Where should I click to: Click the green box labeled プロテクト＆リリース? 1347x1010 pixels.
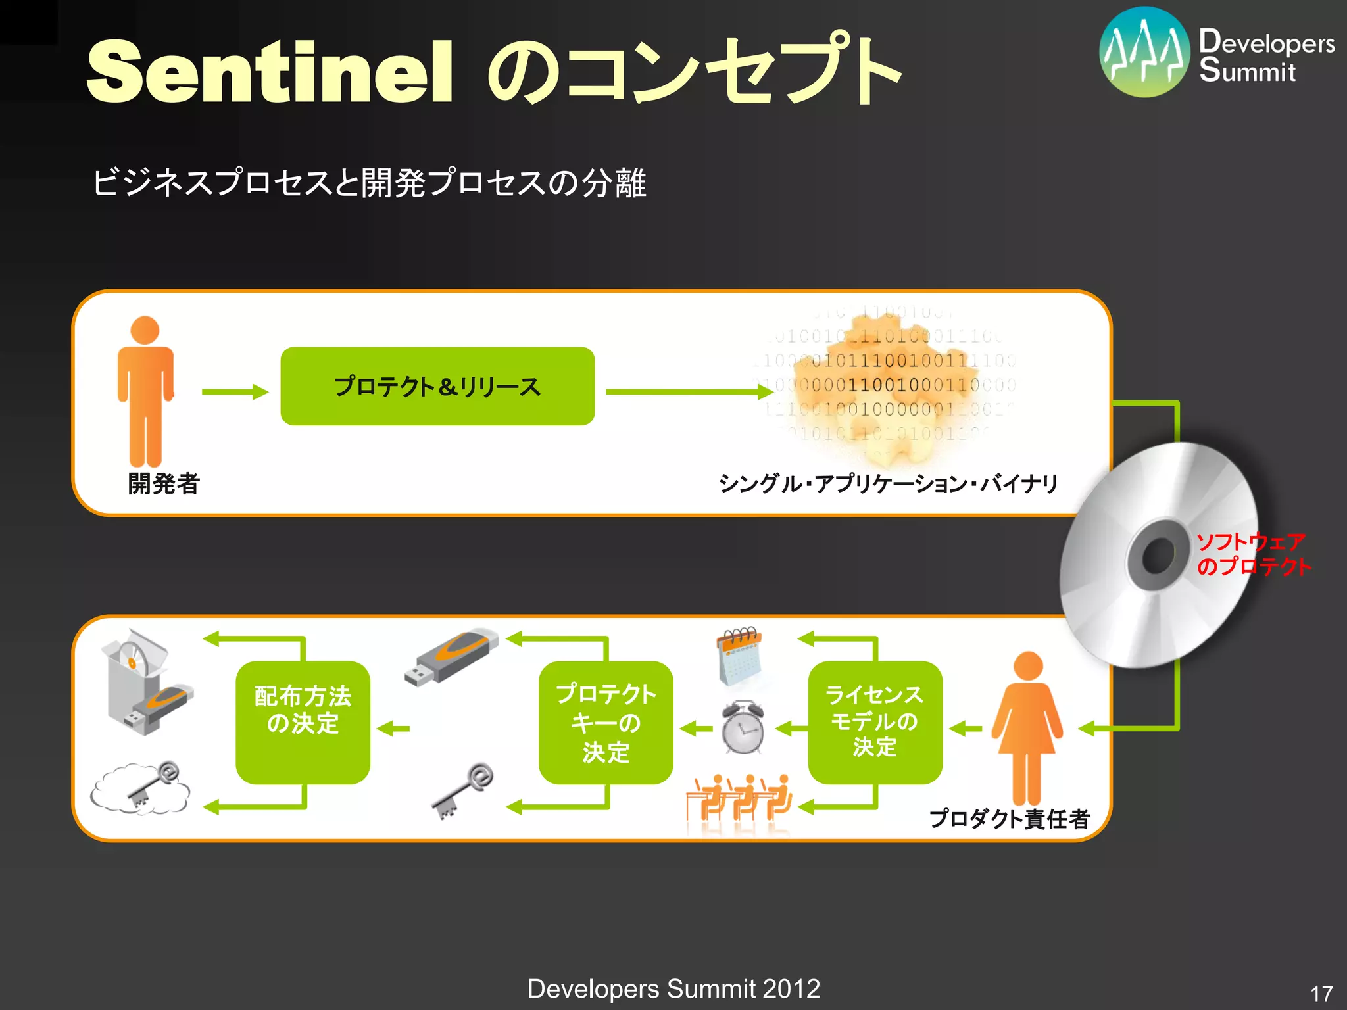pos(437,386)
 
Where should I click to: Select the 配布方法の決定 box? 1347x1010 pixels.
pos(303,722)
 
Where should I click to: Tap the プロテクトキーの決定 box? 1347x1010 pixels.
pos(606,722)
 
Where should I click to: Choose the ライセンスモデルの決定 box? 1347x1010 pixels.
pos(875,721)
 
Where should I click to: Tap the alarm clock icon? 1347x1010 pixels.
pos(743,727)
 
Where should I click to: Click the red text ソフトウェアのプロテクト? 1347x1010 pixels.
pos(1252,554)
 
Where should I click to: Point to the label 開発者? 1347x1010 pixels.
pos(164,484)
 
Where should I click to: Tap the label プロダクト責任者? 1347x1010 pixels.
pos(1010,819)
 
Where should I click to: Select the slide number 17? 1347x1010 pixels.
pos(1321,994)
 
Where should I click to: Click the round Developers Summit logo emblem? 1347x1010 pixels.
pos(1144,52)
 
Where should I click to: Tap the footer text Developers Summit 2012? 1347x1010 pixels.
pos(673,988)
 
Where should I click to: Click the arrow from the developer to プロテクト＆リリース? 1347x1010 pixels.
pos(235,392)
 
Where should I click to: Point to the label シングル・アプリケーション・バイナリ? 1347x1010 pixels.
pos(889,484)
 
